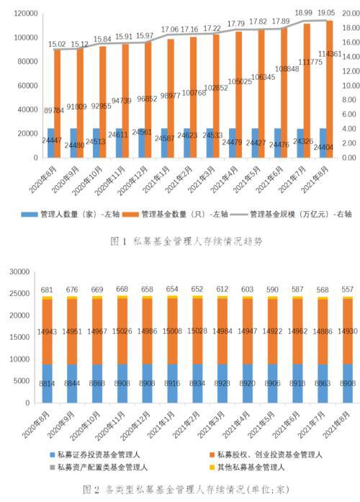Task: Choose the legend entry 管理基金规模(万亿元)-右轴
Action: pos(291,214)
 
